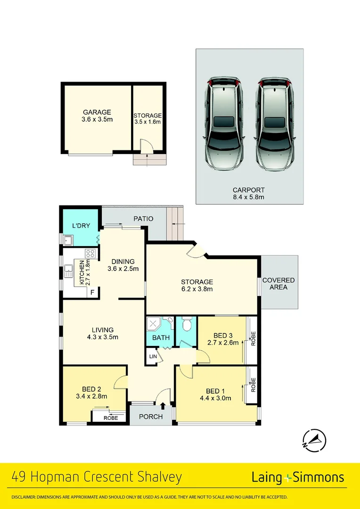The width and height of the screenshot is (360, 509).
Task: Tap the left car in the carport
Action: click(x=224, y=125)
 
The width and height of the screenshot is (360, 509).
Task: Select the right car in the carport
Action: click(x=275, y=125)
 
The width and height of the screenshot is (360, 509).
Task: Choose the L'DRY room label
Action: click(x=81, y=226)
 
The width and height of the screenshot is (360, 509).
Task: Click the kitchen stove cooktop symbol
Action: click(x=90, y=254)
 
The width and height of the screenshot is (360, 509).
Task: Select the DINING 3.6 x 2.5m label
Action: click(x=123, y=265)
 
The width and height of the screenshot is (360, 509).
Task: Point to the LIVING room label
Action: click(x=102, y=333)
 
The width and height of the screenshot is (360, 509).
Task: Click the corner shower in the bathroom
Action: click(x=154, y=324)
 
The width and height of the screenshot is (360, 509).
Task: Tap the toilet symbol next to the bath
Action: click(x=186, y=324)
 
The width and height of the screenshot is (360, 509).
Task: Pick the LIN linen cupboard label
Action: click(x=153, y=357)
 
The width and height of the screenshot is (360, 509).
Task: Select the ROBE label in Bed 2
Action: click(x=110, y=418)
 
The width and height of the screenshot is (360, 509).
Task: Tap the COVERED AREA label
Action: click(x=278, y=283)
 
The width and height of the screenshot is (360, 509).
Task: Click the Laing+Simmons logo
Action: click(x=298, y=477)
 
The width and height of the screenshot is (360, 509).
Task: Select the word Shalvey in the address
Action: click(x=158, y=477)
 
